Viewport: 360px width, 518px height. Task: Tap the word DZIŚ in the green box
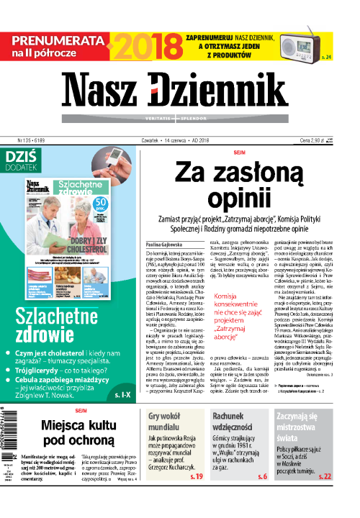click(22, 156)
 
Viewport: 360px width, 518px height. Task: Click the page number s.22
click(325, 496)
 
